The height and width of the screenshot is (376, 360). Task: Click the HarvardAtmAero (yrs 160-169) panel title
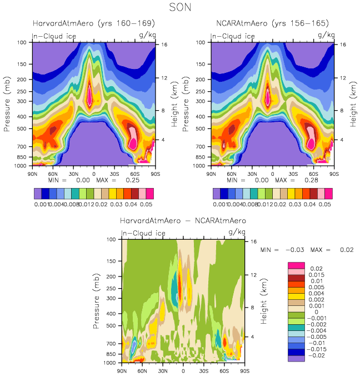coord(93,23)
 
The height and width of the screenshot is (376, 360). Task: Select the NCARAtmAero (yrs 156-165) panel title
coord(272,23)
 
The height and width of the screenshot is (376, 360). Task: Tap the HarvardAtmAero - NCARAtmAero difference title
coord(183,221)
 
